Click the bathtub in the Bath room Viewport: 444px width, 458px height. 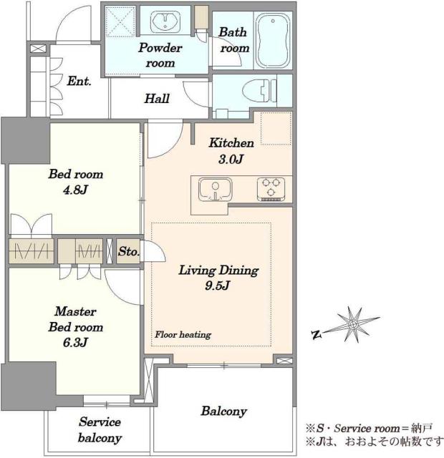(273, 40)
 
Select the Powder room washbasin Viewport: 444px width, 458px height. (165, 21)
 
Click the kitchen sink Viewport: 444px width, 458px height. (215, 189)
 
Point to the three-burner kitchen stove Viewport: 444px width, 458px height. (271, 189)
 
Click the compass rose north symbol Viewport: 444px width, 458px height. (317, 335)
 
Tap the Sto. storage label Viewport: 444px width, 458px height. (128, 251)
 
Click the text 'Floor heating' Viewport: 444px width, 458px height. (183, 334)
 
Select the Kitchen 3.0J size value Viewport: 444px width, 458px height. (231, 159)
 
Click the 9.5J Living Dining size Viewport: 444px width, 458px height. (218, 286)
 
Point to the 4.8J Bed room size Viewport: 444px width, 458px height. (75, 190)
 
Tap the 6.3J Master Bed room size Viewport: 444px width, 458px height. (75, 342)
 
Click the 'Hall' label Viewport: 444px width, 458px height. (157, 99)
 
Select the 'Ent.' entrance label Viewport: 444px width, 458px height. (79, 81)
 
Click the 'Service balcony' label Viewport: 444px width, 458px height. (100, 430)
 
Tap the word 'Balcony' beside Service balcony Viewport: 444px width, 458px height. (224, 411)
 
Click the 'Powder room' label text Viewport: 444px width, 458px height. (160, 55)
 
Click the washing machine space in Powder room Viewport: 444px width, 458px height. (120, 21)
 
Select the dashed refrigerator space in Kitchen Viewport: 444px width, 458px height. (276, 128)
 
